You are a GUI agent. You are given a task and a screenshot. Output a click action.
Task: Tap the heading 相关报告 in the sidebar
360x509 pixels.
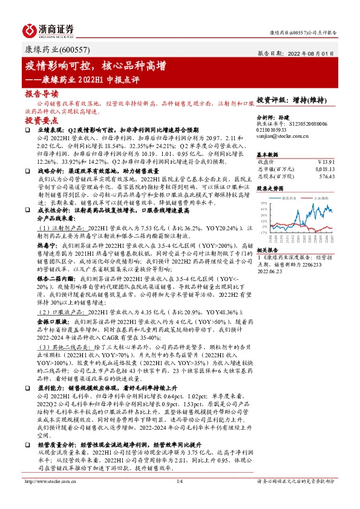pos(269,250)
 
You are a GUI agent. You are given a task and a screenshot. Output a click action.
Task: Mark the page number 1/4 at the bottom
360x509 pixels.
pos(179,498)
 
